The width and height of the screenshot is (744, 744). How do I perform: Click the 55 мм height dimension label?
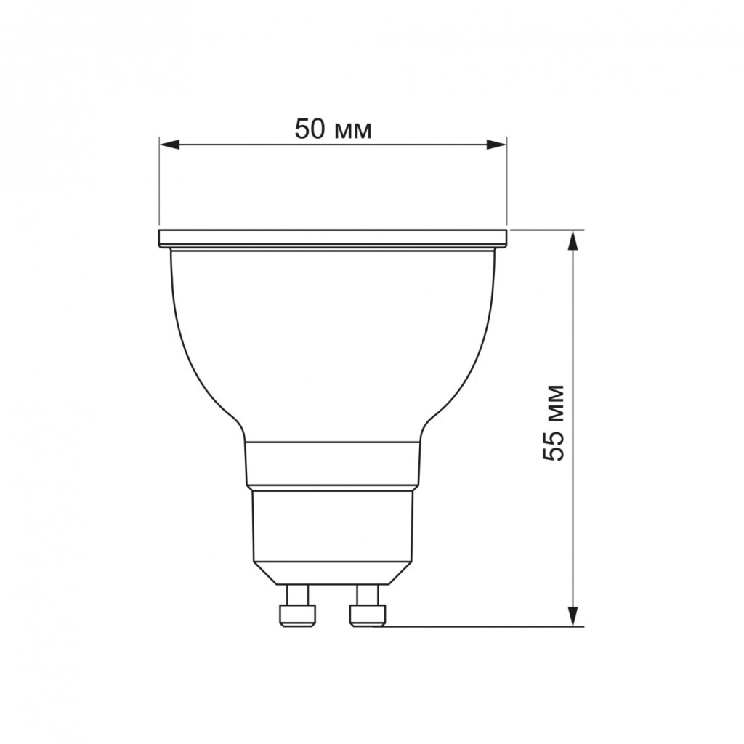[x=554, y=422]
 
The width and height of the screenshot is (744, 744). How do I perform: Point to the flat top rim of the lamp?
[x=333, y=238]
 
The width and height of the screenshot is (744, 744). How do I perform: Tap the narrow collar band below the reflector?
[x=333, y=464]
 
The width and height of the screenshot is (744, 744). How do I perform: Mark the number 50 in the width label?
[x=309, y=129]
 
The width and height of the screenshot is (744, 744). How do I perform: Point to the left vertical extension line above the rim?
[x=159, y=182]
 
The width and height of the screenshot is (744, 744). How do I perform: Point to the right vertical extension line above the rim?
[x=506, y=182]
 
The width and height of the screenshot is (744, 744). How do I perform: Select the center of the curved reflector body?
[x=333, y=341]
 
